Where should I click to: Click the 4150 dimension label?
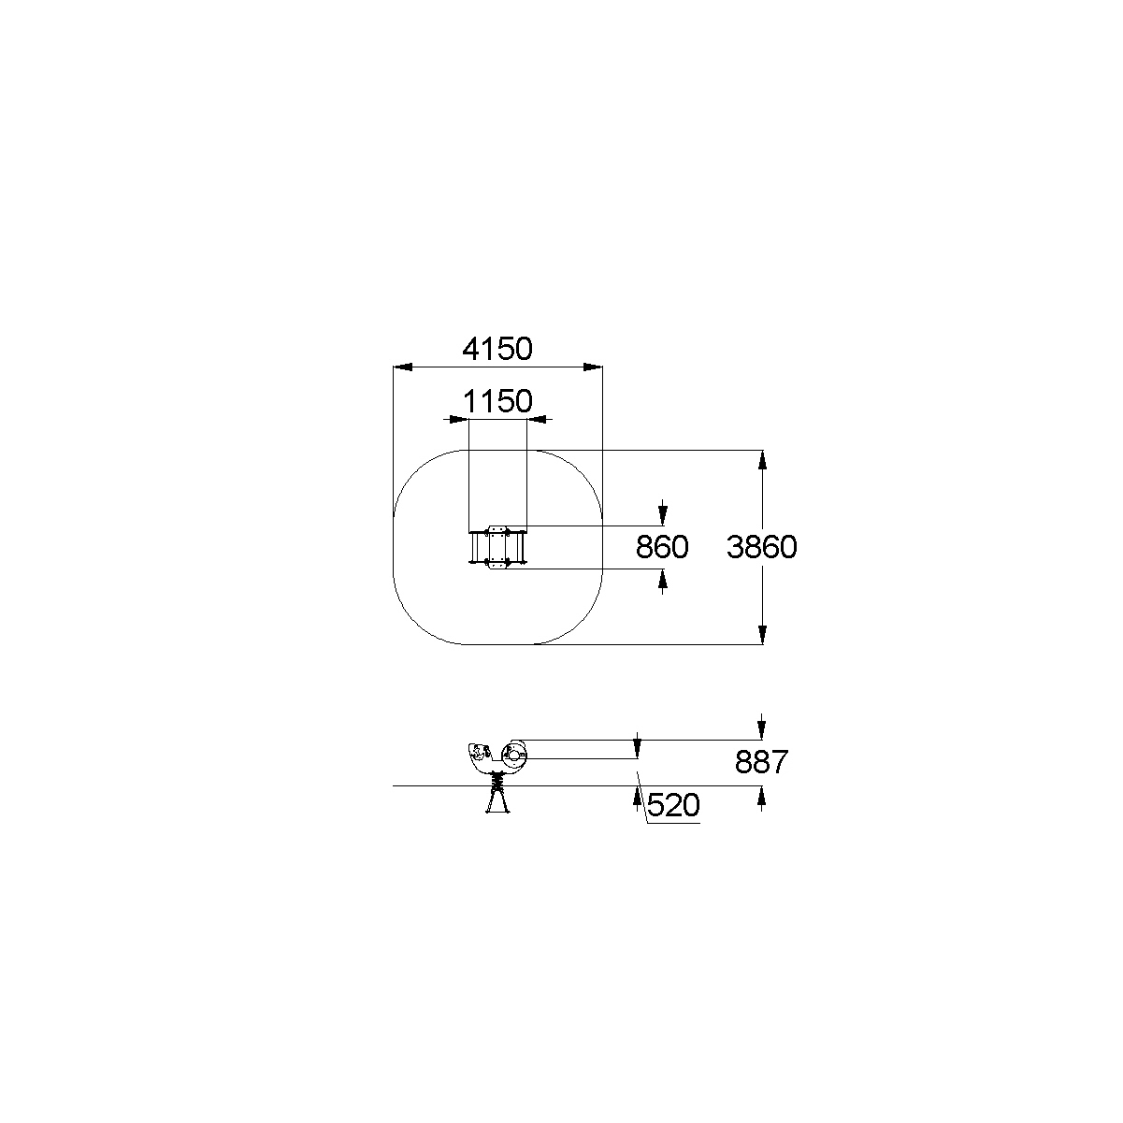497,349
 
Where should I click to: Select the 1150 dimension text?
497,401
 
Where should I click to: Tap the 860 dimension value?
662,547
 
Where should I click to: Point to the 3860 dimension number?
762,547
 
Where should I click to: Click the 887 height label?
762,762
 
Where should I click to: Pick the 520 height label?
673,805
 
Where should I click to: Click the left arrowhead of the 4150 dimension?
403,367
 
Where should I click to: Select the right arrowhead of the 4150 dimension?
593,367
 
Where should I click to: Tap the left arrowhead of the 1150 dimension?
459,419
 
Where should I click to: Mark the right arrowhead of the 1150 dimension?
536,419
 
